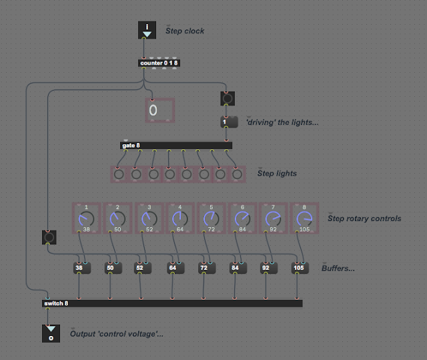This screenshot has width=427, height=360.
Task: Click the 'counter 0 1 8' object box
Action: pyautogui.click(x=159, y=63)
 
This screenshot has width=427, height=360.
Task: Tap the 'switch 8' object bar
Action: pyautogui.click(x=171, y=303)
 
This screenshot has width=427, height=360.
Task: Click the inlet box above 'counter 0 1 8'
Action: pyautogui.click(x=147, y=30)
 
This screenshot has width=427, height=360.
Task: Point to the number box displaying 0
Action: pyautogui.click(x=159, y=110)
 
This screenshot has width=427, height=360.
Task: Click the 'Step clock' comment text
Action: pyautogui.click(x=185, y=31)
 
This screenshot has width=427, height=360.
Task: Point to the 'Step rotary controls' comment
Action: pyautogui.click(x=364, y=218)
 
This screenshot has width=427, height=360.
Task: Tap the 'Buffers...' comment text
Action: pyautogui.click(x=338, y=268)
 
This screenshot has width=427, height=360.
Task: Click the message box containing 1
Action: pyautogui.click(x=229, y=122)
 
